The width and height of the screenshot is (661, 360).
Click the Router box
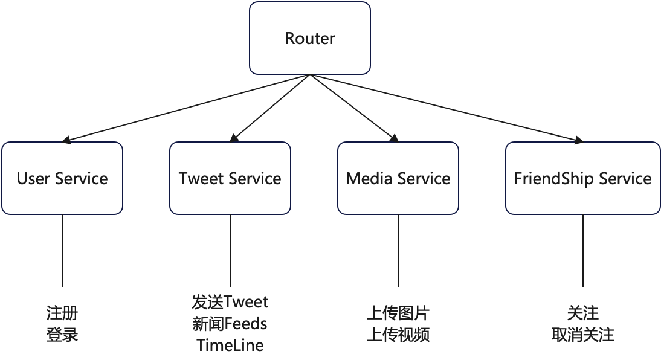(309, 38)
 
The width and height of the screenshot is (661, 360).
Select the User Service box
(62, 178)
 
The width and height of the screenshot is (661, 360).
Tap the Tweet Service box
(230, 178)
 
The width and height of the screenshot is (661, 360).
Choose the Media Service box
(398, 178)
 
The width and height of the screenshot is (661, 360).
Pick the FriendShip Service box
(582, 178)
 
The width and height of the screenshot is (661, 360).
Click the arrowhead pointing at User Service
(66, 141)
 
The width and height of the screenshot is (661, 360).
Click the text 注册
(62, 313)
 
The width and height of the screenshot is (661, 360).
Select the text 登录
(62, 335)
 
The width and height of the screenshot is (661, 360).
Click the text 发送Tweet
(230, 301)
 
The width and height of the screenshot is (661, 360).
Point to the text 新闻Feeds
(230, 324)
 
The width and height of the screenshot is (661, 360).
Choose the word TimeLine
(230, 346)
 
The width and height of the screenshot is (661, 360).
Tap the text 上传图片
(398, 313)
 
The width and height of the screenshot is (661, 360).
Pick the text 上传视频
(398, 335)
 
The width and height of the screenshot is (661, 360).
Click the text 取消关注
(582, 335)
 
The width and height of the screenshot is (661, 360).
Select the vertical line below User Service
(62, 250)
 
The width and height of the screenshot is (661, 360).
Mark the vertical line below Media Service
(398, 250)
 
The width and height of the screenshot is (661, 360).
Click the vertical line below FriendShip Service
(582, 250)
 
